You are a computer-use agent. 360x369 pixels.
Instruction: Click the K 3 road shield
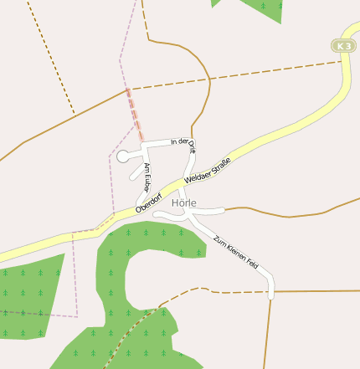point(342,46)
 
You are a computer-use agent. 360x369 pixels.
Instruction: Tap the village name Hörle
point(183,202)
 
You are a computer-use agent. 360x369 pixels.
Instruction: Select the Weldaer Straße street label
point(207,167)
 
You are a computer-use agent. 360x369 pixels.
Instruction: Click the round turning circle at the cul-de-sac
point(122,156)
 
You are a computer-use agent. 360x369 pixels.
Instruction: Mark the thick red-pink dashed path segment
point(135,115)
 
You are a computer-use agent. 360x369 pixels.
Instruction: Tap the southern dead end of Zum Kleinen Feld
point(270,295)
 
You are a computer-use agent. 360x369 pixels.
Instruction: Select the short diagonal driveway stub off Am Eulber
point(135,174)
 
